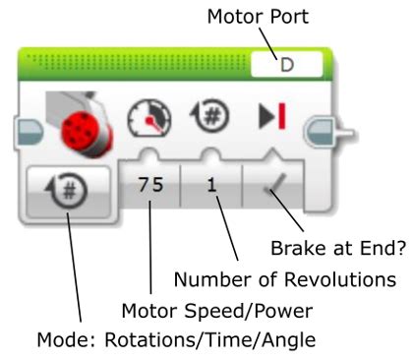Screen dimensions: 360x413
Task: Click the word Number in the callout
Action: tap(201, 280)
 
